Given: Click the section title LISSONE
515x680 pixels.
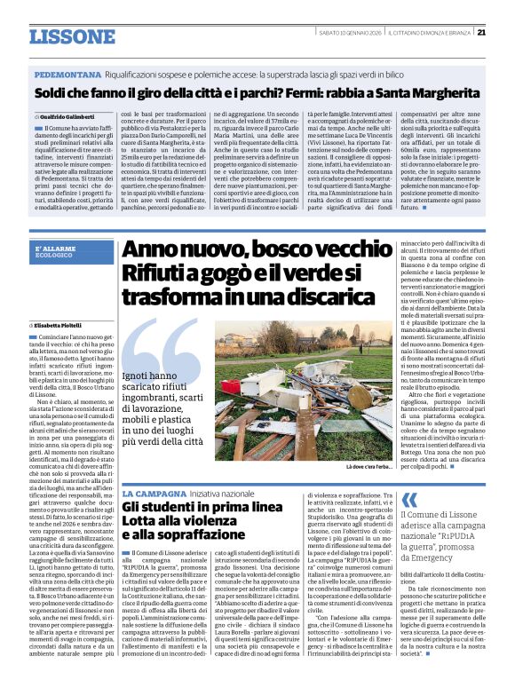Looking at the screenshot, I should (x=72, y=36).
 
